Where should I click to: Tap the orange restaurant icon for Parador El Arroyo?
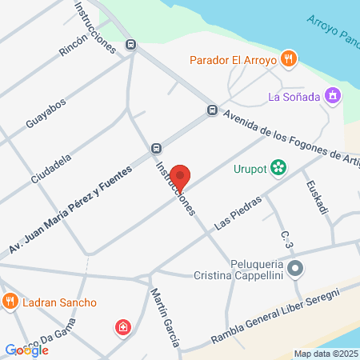coord(290,58)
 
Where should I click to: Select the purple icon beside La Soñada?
coord(334,97)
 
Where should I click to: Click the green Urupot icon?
coord(278,168)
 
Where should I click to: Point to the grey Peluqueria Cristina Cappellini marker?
coord(296,269)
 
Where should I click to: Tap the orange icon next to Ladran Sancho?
coord(10,302)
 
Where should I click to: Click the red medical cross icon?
coord(122,326)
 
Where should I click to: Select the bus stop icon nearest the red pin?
coord(156,148)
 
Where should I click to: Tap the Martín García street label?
coord(165,318)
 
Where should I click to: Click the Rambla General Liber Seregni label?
coord(275,317)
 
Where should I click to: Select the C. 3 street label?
coord(286,238)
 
